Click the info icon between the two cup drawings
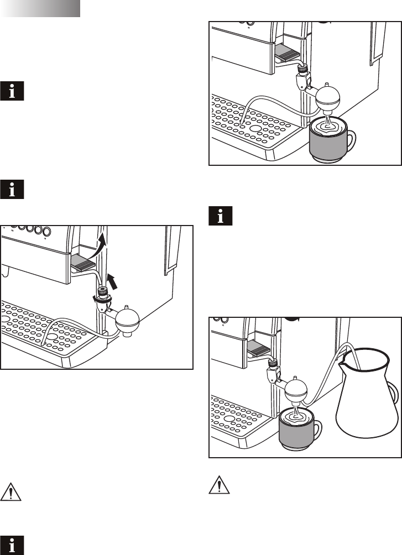pos(220,217)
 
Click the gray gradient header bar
pos(40,8)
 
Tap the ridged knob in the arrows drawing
pos(102,291)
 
